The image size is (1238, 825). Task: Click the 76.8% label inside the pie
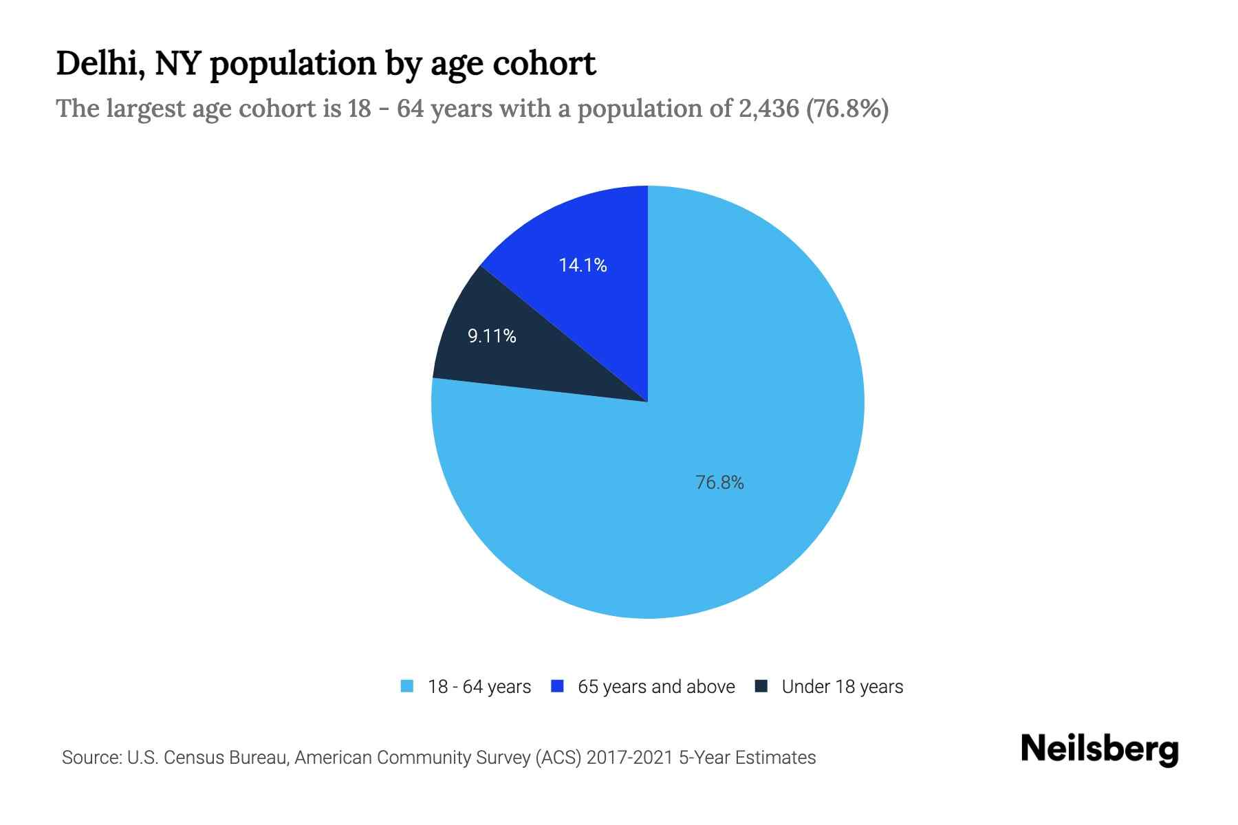(x=719, y=483)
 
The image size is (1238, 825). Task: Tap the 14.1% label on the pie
(x=583, y=265)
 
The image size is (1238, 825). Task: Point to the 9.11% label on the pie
(x=492, y=336)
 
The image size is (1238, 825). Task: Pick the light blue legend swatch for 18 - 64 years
(x=407, y=686)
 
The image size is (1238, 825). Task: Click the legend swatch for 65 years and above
(x=558, y=686)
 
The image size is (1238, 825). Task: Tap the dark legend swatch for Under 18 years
(x=761, y=686)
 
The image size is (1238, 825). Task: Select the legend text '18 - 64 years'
(x=479, y=687)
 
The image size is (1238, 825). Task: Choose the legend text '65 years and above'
(x=656, y=687)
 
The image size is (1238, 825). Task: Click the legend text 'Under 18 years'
(x=843, y=687)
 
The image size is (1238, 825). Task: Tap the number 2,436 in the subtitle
(x=768, y=109)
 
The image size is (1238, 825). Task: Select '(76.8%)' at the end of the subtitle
(x=847, y=109)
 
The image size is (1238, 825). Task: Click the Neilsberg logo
(x=1100, y=749)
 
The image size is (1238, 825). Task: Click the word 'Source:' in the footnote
(x=91, y=758)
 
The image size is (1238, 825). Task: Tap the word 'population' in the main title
(x=292, y=65)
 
